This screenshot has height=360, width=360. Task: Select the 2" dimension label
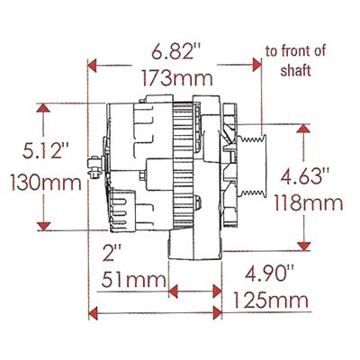click(x=109, y=249)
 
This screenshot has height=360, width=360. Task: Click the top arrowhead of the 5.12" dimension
click(x=42, y=108)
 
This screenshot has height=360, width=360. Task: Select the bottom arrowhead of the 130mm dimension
click(x=42, y=225)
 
